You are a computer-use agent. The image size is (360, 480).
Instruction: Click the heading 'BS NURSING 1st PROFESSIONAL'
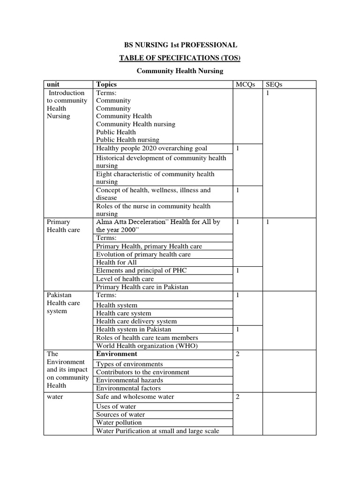coord(180,45)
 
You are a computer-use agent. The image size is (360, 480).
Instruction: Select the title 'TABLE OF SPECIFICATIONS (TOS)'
coord(180,58)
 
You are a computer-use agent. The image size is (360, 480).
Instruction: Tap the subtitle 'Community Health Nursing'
coord(180,71)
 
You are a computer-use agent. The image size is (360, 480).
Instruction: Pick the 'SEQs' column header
coord(274,84)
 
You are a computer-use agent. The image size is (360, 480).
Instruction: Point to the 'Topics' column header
coord(106,84)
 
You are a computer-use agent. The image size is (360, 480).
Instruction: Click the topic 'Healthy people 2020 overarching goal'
coord(151,148)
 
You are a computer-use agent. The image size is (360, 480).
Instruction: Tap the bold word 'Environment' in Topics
coord(117,354)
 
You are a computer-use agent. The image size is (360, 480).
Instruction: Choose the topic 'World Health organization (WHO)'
coord(147,346)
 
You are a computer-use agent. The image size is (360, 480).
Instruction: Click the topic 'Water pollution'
coord(119,422)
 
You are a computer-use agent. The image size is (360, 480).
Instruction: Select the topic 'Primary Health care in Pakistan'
coord(142,287)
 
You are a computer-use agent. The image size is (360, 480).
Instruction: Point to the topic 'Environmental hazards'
coord(129,380)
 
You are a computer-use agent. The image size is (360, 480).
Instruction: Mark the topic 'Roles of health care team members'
coord(147,337)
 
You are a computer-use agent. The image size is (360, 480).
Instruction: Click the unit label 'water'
coord(55,397)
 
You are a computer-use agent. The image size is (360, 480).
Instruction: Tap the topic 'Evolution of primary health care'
coord(143,254)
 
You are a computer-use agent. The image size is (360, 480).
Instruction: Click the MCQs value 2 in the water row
coord(238,397)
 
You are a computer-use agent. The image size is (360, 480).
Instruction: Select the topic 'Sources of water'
coord(120,414)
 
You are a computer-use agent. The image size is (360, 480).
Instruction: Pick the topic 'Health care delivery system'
coord(136,321)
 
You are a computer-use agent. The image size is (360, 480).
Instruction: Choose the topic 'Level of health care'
coord(125,278)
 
